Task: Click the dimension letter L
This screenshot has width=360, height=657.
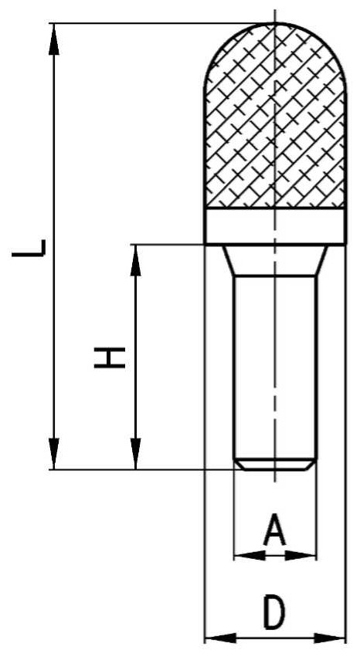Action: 29,248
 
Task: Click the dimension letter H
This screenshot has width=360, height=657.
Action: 110,357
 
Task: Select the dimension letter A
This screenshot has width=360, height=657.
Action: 274,530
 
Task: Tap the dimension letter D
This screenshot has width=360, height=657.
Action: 274,614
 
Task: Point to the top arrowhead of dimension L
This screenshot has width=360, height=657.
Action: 53,39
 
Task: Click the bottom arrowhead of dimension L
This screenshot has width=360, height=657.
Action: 53,454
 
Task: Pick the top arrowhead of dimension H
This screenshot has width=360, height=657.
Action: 135,259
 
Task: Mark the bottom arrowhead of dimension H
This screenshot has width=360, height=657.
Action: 135,454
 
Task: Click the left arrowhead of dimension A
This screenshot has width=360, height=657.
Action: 250,556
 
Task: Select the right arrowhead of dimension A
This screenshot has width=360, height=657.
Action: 300,556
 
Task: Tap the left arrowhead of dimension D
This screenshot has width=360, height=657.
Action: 220,638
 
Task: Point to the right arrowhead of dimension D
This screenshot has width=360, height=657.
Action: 329,638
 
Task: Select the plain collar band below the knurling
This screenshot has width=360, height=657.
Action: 275,226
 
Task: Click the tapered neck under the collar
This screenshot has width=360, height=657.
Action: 275,260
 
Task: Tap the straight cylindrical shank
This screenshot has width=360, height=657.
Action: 275,367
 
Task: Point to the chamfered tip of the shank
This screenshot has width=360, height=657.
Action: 275,464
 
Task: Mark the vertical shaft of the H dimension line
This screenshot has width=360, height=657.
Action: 135,357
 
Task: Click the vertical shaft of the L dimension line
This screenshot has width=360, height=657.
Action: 53,246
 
